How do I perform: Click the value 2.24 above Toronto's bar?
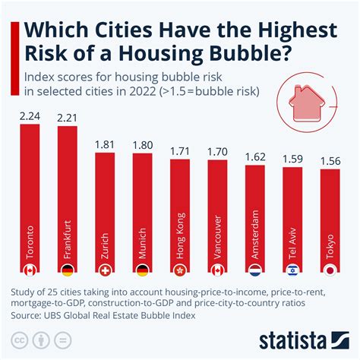pyautogui.click(x=29, y=115)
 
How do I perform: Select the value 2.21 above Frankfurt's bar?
pyautogui.click(x=67, y=117)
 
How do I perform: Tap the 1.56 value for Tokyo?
pyautogui.click(x=330, y=161)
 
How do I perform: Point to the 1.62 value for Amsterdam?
pyautogui.click(x=254, y=157)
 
